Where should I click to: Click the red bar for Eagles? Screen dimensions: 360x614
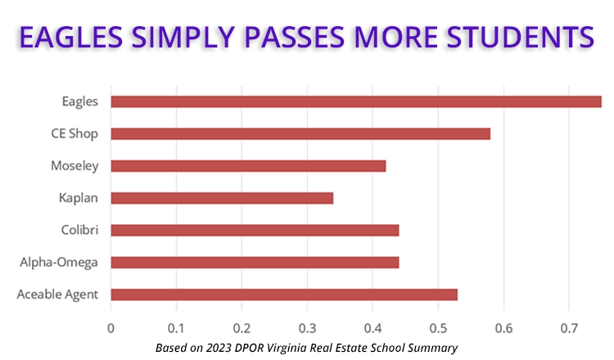tap(356, 101)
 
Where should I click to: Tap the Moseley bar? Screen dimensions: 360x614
tap(248, 166)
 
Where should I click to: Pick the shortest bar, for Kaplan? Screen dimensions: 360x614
tap(222, 198)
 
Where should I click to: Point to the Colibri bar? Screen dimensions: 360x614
tap(255, 230)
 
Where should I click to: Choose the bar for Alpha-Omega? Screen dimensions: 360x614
tap(255, 262)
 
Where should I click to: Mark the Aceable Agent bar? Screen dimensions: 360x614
tap(284, 295)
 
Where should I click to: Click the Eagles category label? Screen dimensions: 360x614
tap(80, 101)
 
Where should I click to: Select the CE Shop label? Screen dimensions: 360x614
tap(74, 133)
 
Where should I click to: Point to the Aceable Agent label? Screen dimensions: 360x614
tap(58, 295)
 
